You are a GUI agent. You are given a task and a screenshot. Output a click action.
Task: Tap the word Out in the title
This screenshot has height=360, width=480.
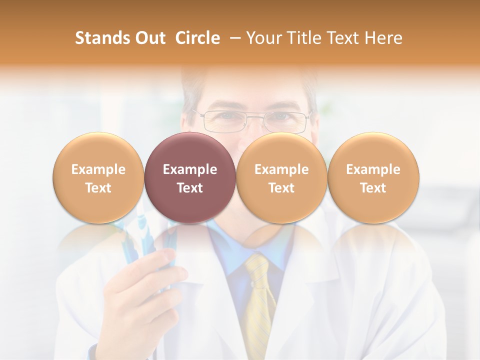point(148,38)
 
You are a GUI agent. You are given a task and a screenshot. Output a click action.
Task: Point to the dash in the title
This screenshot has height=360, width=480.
point(233,38)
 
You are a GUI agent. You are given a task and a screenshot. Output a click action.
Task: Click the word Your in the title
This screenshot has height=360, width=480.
point(262,38)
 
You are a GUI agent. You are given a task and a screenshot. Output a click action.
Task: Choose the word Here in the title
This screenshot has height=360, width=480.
point(383,38)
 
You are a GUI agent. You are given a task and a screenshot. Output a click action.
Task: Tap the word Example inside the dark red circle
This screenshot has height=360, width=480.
point(190,169)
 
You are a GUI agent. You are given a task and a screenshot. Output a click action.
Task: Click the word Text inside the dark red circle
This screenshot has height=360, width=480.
point(190,188)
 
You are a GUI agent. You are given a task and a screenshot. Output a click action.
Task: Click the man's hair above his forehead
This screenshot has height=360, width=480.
point(250,80)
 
